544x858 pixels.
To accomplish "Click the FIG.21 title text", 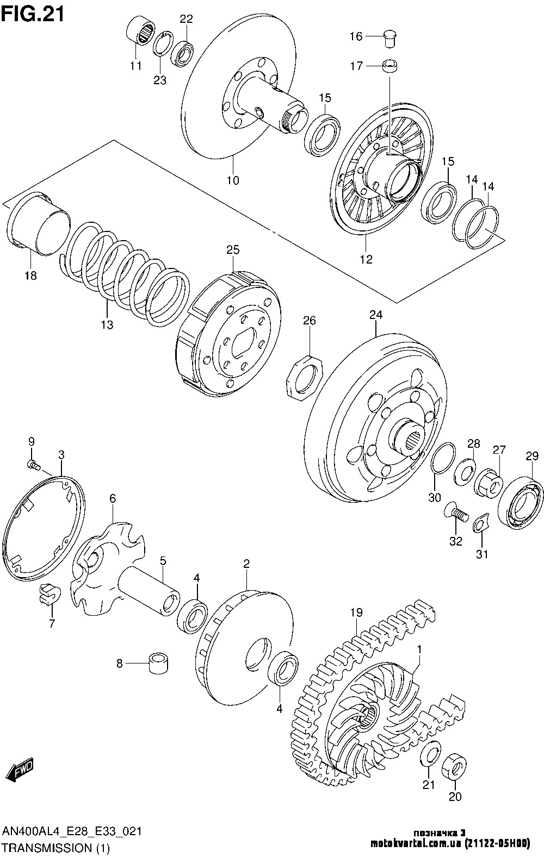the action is pos(33,15).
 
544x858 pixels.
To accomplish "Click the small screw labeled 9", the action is pos(34,465).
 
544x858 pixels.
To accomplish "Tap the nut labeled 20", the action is pos(455,765).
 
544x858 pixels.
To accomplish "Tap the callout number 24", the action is pos(376,315).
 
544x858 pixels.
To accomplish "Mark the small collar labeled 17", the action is pos(390,66).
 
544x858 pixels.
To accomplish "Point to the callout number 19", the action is pos(356,612).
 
